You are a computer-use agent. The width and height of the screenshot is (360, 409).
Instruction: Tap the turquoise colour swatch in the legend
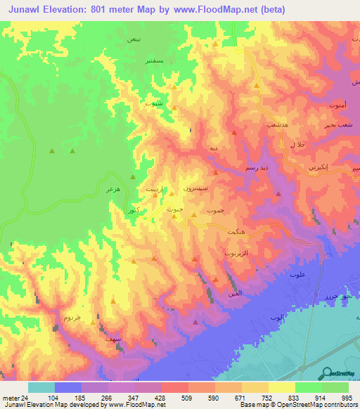coord(41,387)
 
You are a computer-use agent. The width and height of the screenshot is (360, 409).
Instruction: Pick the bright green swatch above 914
coord(308,387)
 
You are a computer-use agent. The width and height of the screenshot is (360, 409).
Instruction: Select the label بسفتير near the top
coord(154,62)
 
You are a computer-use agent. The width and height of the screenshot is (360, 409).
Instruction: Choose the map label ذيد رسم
coord(255,169)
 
